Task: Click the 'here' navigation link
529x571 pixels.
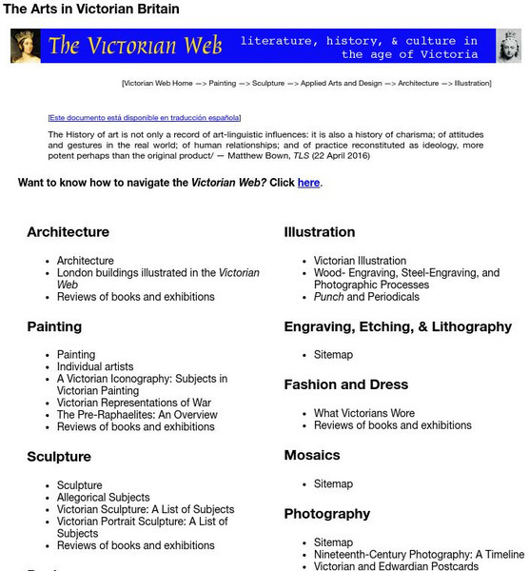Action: click(308, 183)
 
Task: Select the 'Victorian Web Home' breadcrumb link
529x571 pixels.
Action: click(158, 84)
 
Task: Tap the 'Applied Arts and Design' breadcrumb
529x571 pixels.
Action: click(341, 84)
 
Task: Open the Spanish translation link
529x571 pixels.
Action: click(144, 118)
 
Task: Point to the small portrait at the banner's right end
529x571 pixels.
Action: click(509, 46)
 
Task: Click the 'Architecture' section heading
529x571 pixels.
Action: click(68, 232)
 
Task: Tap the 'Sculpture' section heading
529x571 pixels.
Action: click(58, 457)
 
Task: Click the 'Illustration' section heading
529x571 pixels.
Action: click(319, 232)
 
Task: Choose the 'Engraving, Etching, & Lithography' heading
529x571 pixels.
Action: click(398, 326)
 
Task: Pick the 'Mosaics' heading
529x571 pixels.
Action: click(312, 456)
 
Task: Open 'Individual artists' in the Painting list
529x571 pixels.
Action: click(95, 366)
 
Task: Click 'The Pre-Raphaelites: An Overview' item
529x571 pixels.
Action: click(137, 415)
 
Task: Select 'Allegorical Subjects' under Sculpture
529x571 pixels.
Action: click(103, 497)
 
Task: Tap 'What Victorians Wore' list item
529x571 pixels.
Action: click(364, 413)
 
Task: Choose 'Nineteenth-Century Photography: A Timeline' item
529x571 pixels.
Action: click(419, 554)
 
